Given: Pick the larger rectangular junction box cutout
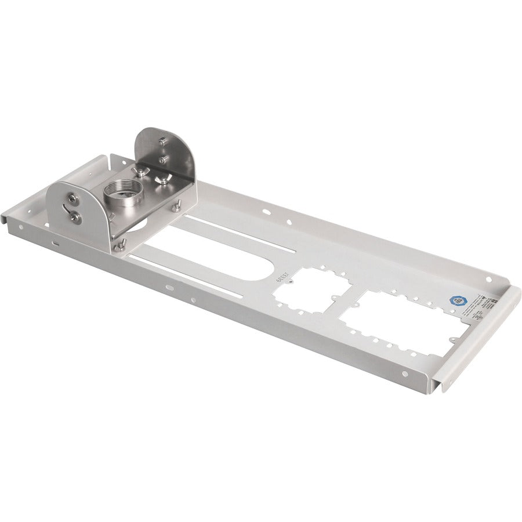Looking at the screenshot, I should [400, 322].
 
